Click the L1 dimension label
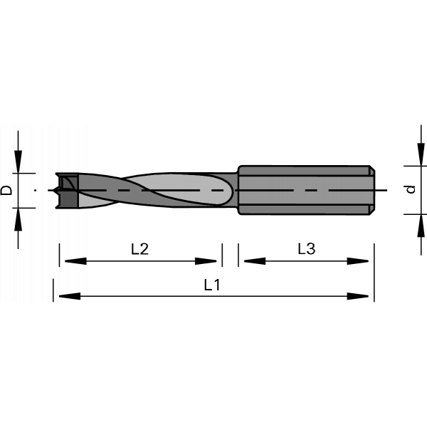click(x=212, y=285)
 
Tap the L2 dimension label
click(x=140, y=249)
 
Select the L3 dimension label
click(x=306, y=248)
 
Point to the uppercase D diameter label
click(x=6, y=190)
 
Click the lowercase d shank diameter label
click(x=411, y=189)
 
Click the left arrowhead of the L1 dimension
click(x=70, y=296)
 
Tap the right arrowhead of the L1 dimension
click(x=358, y=296)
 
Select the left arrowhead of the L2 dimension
click(x=75, y=261)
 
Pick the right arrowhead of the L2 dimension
click(x=206, y=261)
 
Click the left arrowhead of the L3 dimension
click(x=255, y=261)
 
